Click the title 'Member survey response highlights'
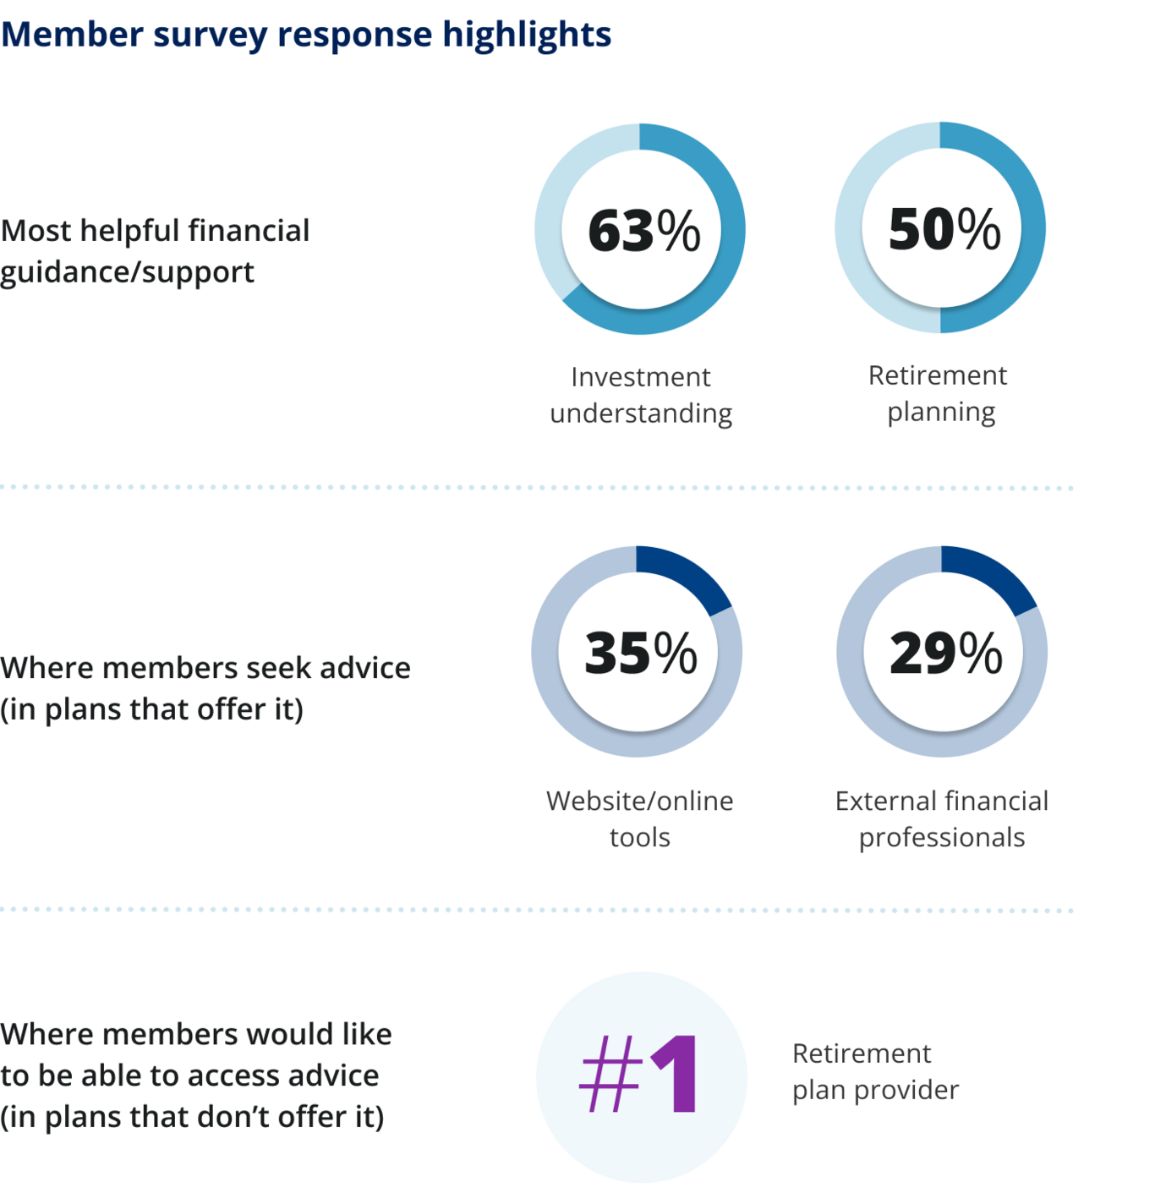(305, 35)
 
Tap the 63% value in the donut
(643, 230)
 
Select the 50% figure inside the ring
(944, 228)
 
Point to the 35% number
(640, 653)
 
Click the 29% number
(945, 653)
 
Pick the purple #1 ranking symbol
(640, 1075)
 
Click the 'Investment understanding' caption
(641, 395)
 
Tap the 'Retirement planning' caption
(939, 393)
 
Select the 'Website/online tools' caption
(640, 818)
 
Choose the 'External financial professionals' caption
(942, 818)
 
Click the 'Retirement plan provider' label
(874, 1071)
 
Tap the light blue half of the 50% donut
(849, 228)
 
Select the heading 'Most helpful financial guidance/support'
(155, 251)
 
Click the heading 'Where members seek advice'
(205, 668)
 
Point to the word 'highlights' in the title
(527, 35)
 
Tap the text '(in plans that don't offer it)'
(192, 1117)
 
